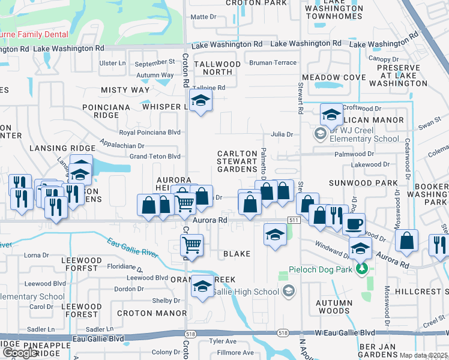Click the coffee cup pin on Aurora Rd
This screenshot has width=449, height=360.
tap(354, 224)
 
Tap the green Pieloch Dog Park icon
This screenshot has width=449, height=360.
tap(361, 268)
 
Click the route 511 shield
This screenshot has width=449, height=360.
tap(293, 221)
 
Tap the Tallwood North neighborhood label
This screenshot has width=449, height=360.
tap(217, 68)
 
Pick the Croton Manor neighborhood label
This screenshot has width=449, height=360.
tap(152, 313)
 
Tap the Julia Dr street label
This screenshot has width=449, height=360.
tap(282, 134)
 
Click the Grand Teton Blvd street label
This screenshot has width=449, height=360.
tap(155, 157)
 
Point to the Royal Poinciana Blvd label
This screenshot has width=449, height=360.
tap(149, 132)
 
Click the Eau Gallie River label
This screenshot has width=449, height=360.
tap(133, 248)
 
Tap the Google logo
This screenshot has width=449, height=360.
tap(20, 353)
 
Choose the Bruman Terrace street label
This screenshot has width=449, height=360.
tap(273, 62)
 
